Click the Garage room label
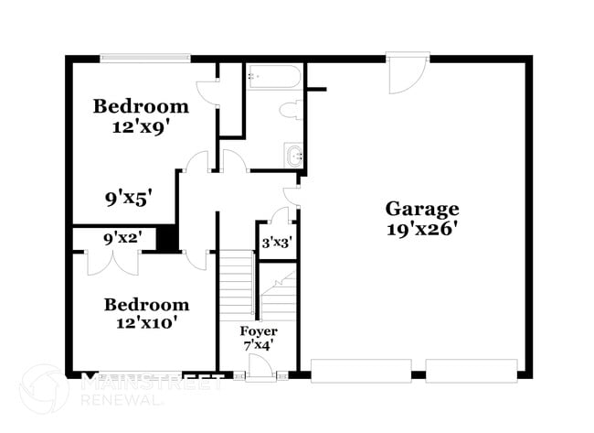421,208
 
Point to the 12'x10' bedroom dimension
146,322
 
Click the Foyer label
259,330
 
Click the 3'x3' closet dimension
276,244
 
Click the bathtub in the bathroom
274,77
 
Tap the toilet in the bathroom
292,112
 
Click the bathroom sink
294,157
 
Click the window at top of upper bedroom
145,59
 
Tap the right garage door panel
472,371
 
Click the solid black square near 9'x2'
166,238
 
